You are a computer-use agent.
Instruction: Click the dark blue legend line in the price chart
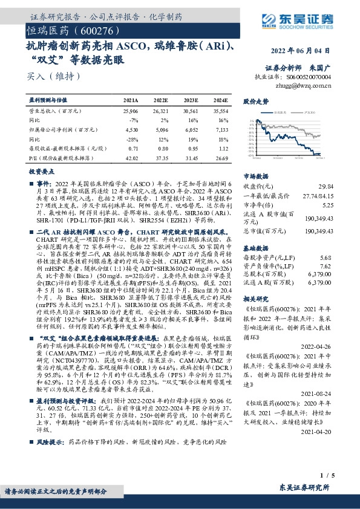tap(252, 113)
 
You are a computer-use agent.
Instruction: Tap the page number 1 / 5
tap(329, 477)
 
